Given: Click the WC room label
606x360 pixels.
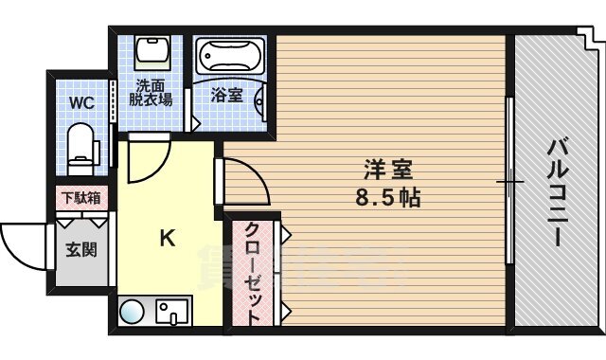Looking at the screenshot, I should tap(80, 102).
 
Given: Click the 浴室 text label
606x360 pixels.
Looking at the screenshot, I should tap(226, 95).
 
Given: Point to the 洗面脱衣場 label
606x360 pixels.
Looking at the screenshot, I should tap(150, 90).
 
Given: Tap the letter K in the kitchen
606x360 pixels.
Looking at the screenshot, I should tap(166, 240).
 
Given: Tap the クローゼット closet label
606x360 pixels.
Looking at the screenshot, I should tap(254, 275).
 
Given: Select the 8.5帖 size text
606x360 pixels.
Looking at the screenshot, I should tap(388, 200).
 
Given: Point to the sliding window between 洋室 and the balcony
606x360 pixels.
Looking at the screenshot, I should tap(508, 180).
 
